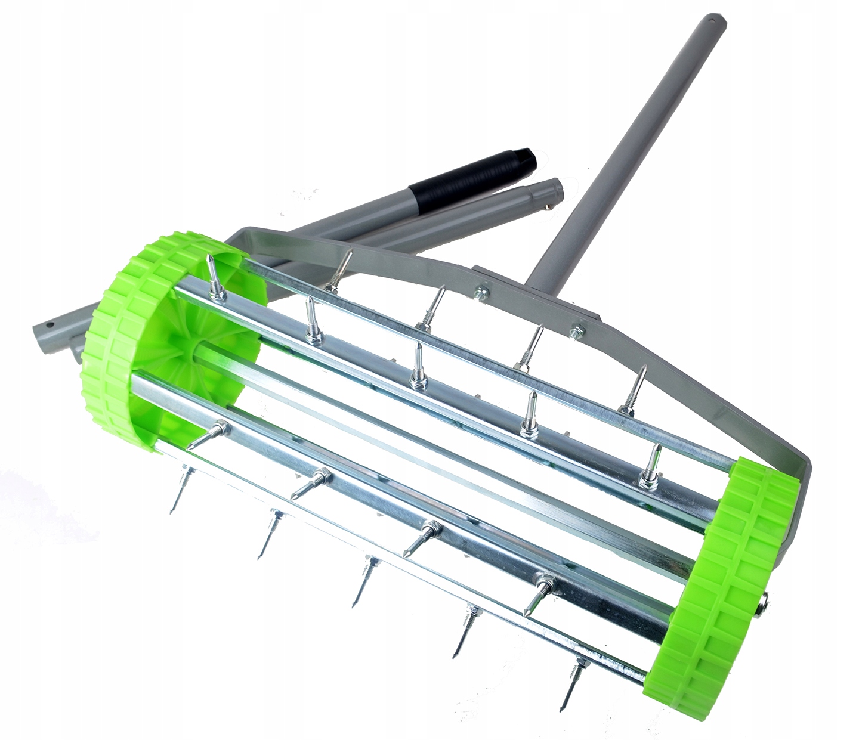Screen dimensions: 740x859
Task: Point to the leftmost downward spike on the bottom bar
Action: pyautogui.click(x=177, y=495)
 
